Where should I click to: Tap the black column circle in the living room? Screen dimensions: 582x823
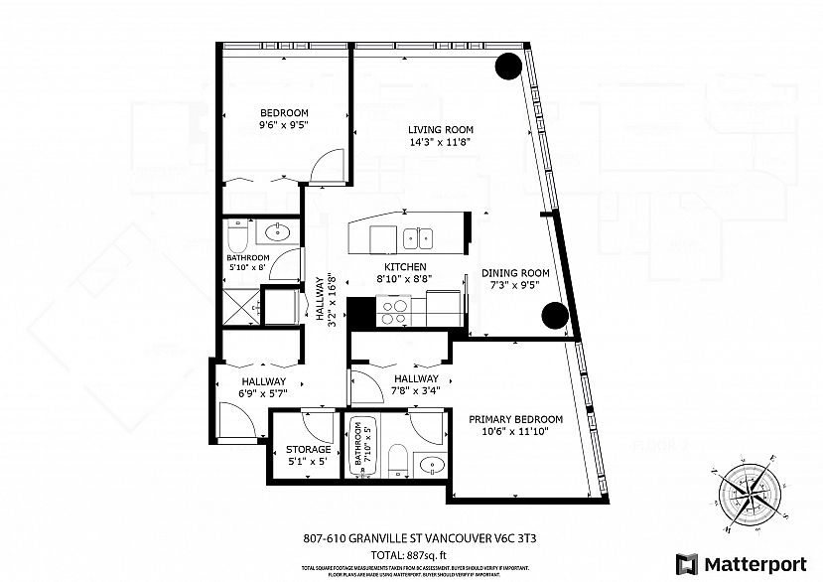509,67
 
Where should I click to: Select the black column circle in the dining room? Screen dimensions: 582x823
554,317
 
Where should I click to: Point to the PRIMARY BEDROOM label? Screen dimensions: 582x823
515,419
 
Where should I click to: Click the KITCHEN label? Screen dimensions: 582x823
405,267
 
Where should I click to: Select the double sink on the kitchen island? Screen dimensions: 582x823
418,237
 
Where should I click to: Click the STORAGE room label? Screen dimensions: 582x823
308,449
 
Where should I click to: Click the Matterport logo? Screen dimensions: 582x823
740,563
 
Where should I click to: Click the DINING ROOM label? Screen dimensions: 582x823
515,273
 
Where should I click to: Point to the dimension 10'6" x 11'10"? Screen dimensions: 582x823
515,431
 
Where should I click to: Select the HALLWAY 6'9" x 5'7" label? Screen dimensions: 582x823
262,386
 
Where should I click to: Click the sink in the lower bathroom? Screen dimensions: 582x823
432,465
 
